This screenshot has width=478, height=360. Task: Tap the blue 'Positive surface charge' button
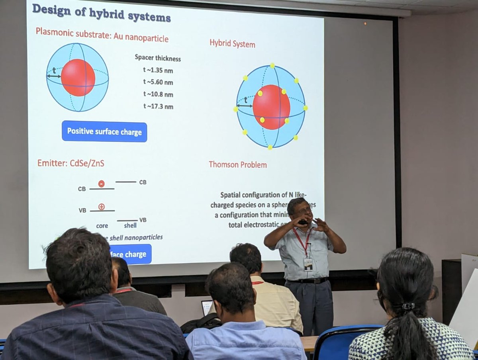[104, 131]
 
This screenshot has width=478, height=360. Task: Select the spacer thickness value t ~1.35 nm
[158, 70]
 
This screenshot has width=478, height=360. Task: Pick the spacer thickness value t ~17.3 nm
[158, 106]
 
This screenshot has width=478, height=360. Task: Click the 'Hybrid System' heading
[232, 43]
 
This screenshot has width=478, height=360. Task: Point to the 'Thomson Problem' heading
[238, 164]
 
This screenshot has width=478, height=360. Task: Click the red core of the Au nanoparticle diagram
[78, 77]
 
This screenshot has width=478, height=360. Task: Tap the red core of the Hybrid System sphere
[271, 107]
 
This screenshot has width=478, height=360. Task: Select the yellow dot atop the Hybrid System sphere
[272, 65]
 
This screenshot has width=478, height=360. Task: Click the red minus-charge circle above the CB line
[101, 184]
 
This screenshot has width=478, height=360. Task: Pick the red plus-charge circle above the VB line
[101, 207]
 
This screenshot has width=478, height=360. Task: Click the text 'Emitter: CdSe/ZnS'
[71, 163]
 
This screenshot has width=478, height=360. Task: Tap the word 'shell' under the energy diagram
[130, 225]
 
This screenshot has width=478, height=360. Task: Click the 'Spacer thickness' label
[158, 58]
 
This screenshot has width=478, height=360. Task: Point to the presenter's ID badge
[308, 264]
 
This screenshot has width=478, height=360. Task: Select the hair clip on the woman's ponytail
[408, 306]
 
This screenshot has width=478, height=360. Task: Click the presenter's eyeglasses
[304, 210]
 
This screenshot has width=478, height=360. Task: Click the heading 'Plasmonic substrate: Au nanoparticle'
[102, 35]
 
